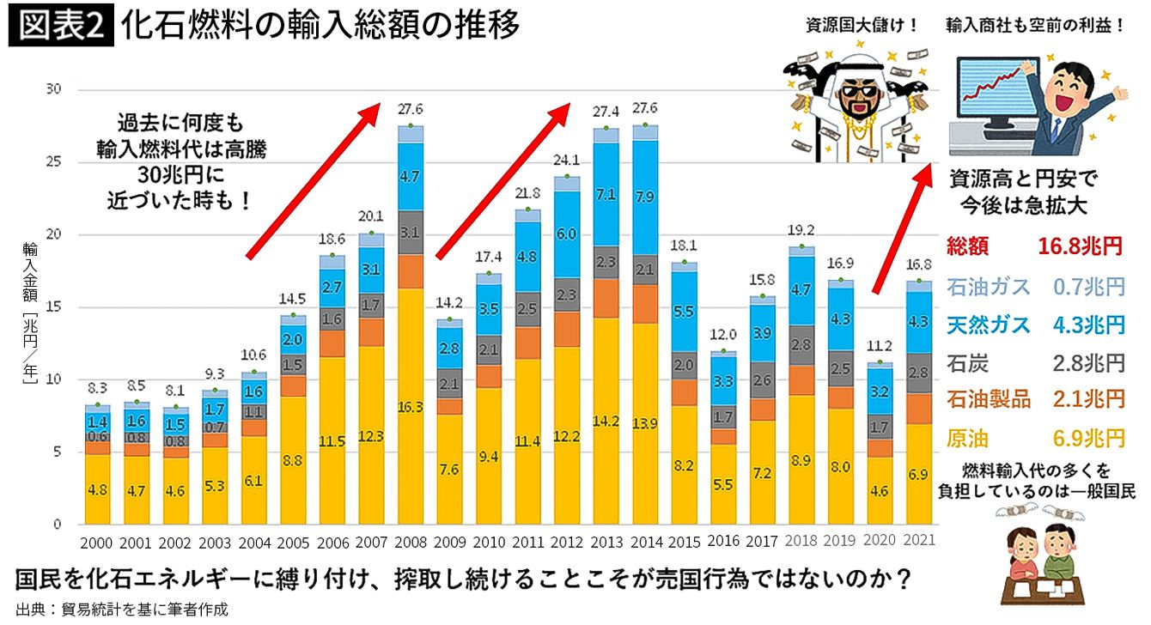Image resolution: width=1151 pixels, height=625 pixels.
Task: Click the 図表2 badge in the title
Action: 60,27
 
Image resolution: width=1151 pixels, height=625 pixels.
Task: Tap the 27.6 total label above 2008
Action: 411,109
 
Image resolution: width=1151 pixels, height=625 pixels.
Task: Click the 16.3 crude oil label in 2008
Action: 411,408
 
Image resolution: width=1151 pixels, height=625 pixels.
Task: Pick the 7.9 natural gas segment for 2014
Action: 645,197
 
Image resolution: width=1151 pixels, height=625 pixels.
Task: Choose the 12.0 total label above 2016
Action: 723,334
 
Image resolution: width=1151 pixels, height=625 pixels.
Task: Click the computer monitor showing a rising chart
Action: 997,94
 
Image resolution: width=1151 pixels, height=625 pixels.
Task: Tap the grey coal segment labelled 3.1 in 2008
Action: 411,232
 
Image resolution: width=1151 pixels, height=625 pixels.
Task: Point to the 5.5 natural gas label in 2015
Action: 685,312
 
